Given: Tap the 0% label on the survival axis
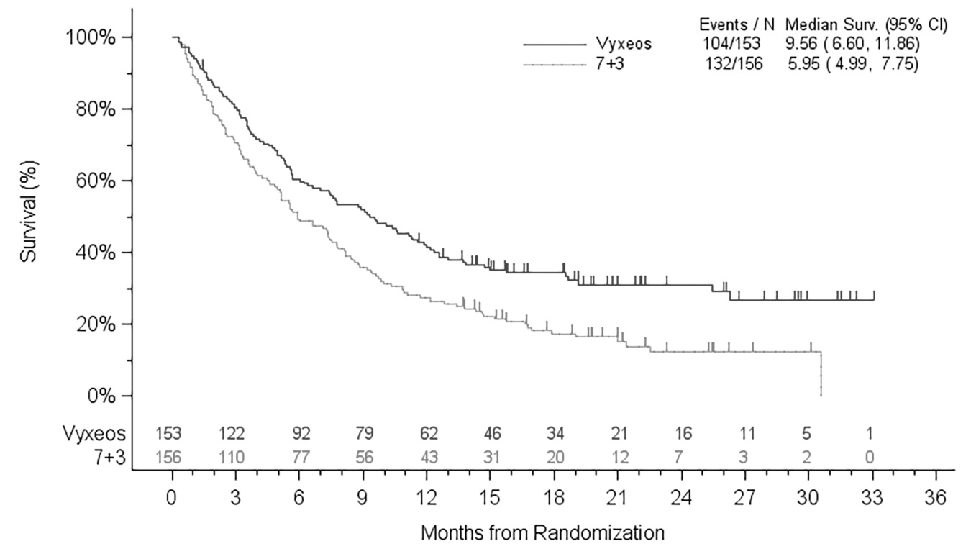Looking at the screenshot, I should [x=106, y=396].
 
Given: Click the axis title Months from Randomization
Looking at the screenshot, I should [x=542, y=534].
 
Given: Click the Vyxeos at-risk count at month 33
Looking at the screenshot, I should [x=872, y=434].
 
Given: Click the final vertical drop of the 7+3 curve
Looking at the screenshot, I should [x=821, y=374].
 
